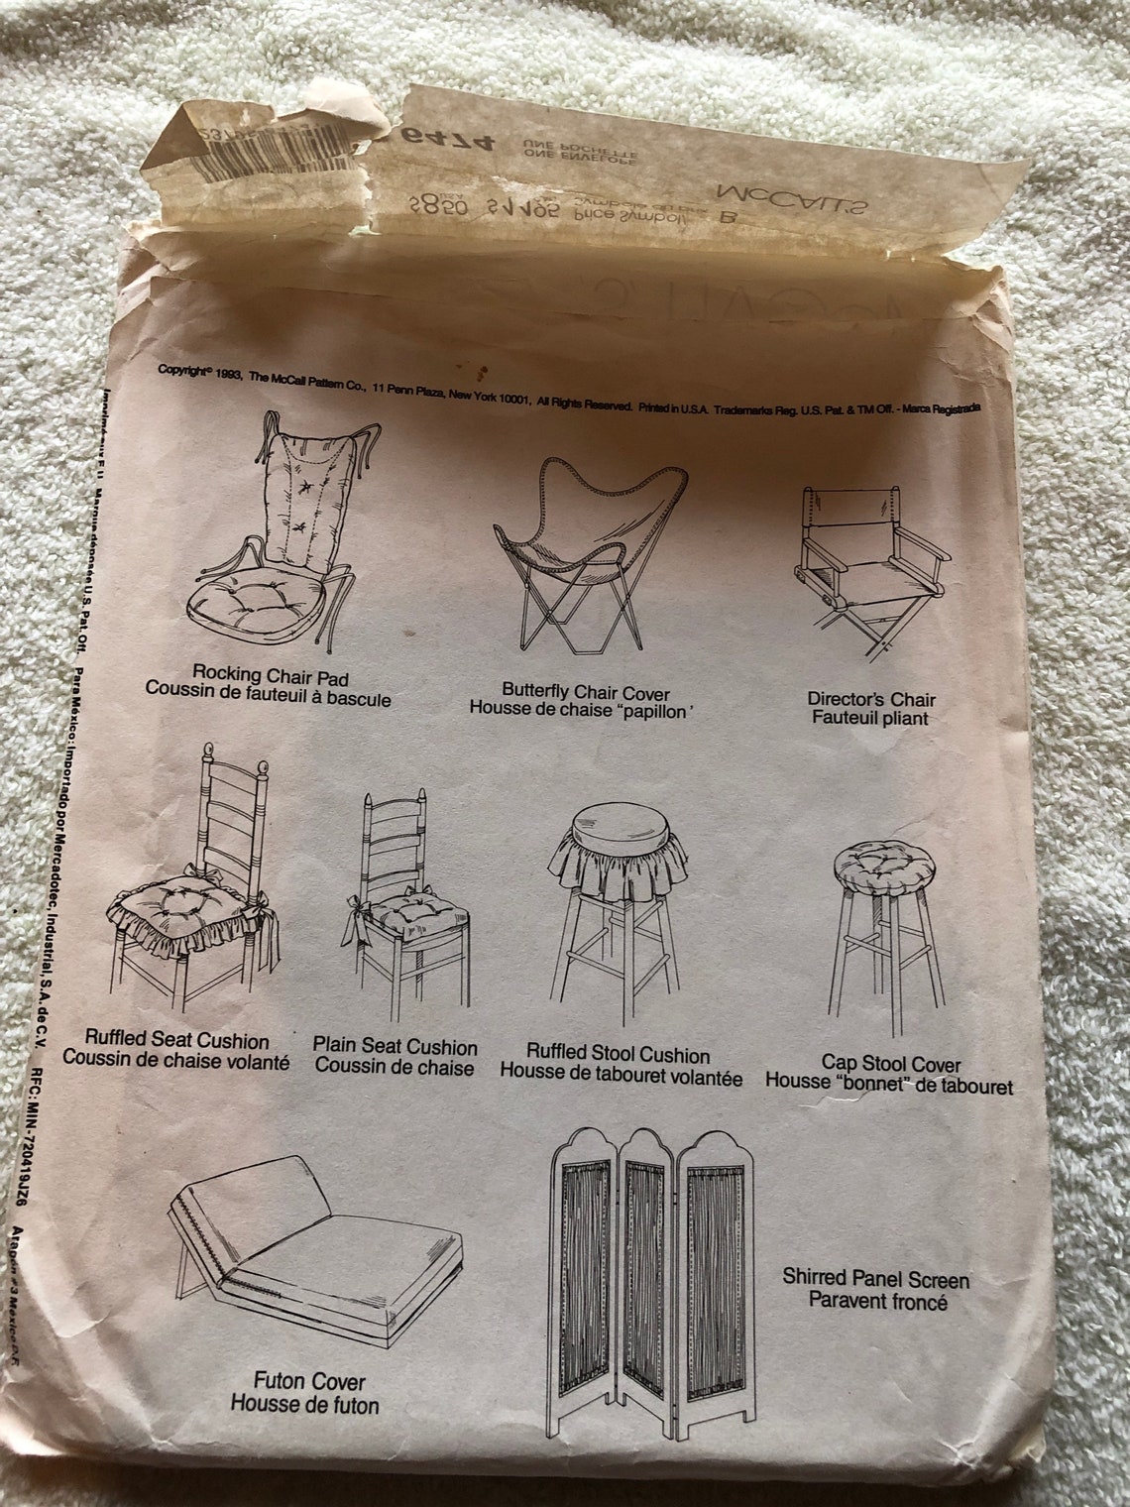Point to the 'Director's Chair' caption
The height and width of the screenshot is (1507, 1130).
870,700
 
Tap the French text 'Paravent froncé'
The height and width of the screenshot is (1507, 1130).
877,1299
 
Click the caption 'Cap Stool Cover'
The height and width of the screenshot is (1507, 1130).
890,1065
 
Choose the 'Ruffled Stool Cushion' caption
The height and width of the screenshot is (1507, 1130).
618,1055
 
